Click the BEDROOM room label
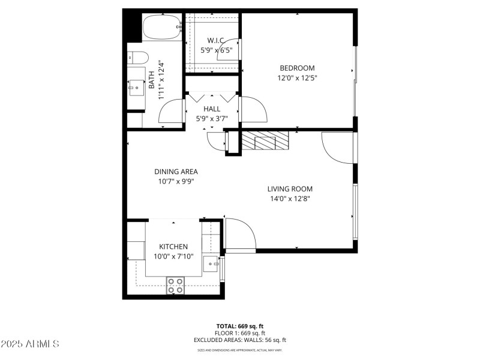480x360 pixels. (x=296, y=68)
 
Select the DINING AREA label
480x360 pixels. (x=176, y=172)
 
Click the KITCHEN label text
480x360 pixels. (x=173, y=247)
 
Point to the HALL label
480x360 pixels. (x=212, y=109)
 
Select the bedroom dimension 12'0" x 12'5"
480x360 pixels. (x=296, y=78)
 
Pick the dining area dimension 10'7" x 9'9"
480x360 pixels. (x=176, y=181)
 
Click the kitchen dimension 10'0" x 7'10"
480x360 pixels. (x=173, y=257)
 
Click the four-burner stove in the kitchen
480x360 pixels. (x=175, y=286)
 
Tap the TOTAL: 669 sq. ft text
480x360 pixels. (x=240, y=326)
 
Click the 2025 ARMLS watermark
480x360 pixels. (x=30, y=344)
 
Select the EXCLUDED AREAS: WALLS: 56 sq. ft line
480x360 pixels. (x=240, y=340)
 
